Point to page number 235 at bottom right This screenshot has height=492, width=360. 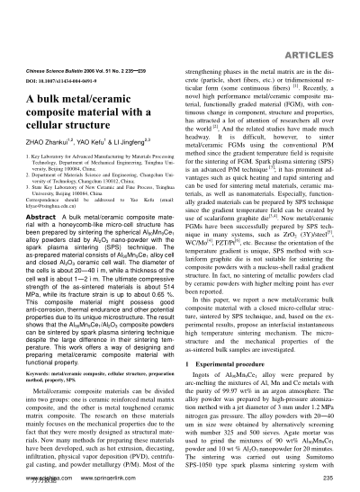[338, 480]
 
